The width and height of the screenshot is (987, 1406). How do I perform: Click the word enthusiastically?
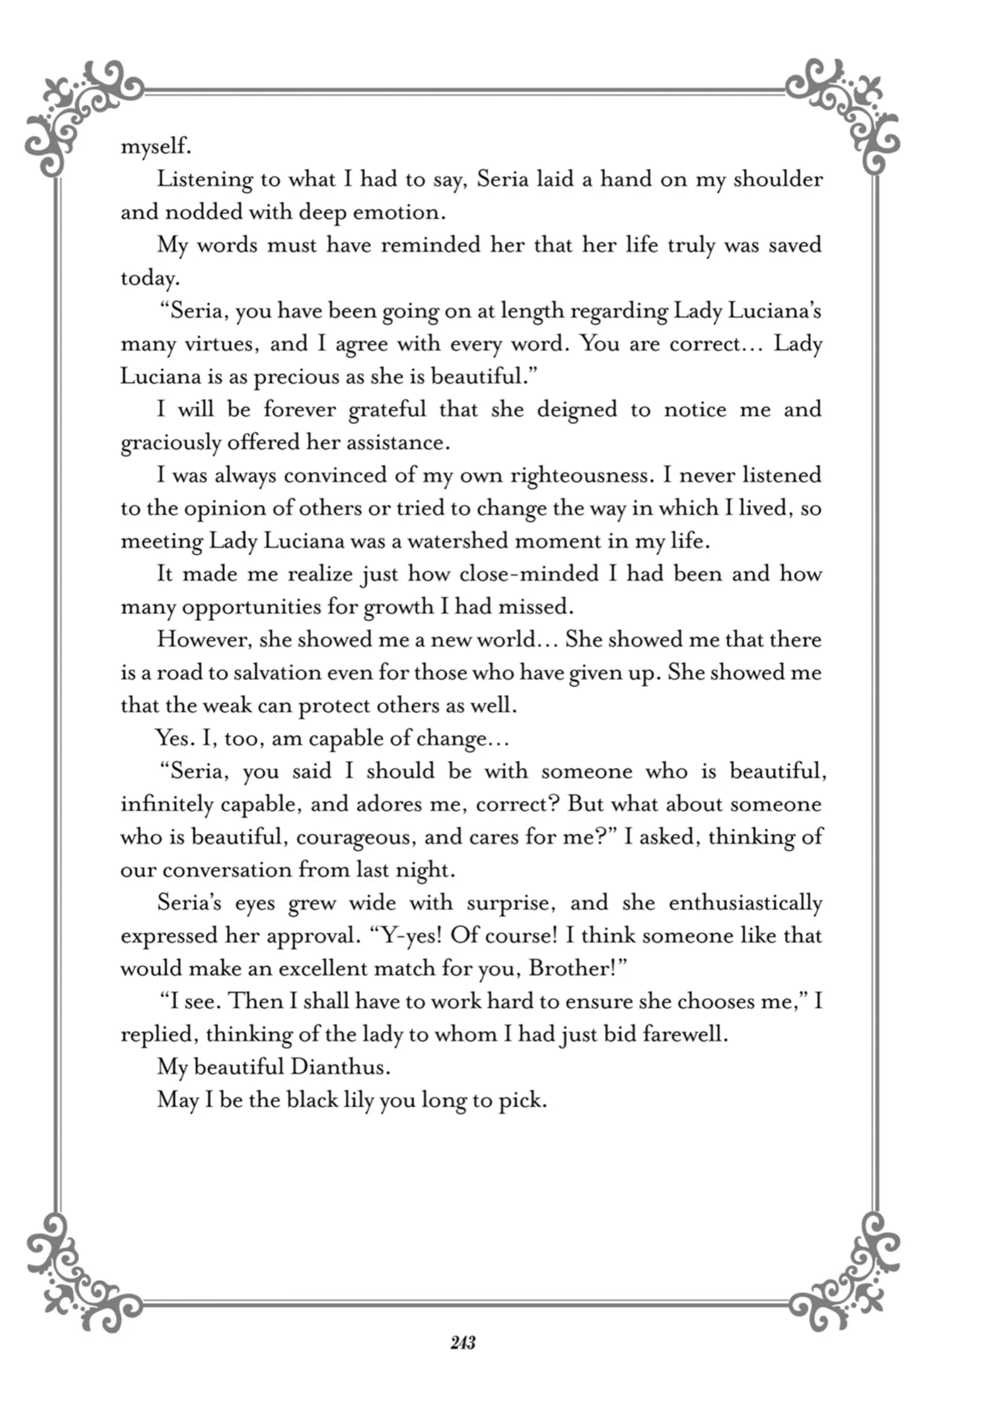[x=745, y=903]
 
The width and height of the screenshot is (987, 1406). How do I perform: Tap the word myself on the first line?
[x=155, y=147]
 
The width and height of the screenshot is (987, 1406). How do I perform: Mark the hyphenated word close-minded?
[x=529, y=574]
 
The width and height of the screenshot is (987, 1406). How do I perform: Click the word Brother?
[x=569, y=968]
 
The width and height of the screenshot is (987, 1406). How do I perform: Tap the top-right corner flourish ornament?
[x=844, y=113]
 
